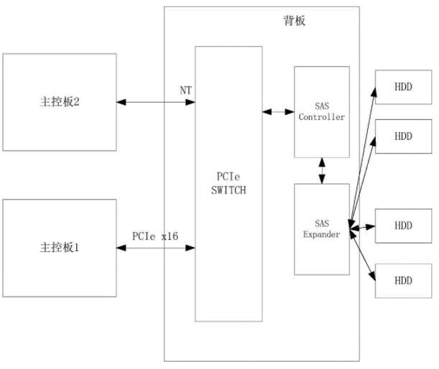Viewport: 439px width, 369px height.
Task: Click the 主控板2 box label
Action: click(59, 102)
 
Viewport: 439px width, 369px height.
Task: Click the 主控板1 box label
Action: click(59, 248)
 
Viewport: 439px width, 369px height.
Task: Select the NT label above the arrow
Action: click(185, 90)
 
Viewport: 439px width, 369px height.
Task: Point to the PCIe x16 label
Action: click(154, 235)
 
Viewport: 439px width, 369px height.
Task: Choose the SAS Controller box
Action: click(322, 111)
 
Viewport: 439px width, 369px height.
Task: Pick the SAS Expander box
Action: click(322, 228)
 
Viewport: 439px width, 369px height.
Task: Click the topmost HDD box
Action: click(403, 87)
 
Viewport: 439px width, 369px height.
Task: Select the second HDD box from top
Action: click(403, 136)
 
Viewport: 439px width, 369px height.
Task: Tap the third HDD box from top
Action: click(403, 225)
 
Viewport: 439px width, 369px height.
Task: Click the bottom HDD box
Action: click(403, 280)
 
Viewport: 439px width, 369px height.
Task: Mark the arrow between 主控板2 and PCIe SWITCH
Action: click(156, 103)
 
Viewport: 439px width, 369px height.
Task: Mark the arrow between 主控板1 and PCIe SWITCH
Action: click(156, 248)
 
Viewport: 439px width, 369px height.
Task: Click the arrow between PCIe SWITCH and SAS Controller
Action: click(278, 111)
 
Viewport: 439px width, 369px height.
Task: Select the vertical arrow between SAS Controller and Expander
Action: click(322, 170)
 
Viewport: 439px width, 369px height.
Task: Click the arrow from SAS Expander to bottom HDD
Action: click(362, 253)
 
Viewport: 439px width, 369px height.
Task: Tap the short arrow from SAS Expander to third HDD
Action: click(363, 227)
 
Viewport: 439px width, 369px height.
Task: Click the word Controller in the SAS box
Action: click(322, 117)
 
